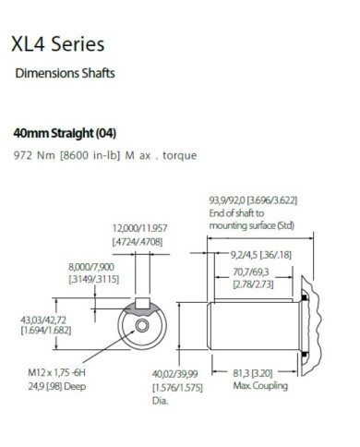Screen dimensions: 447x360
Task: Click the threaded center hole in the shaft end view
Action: tap(141, 326)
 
